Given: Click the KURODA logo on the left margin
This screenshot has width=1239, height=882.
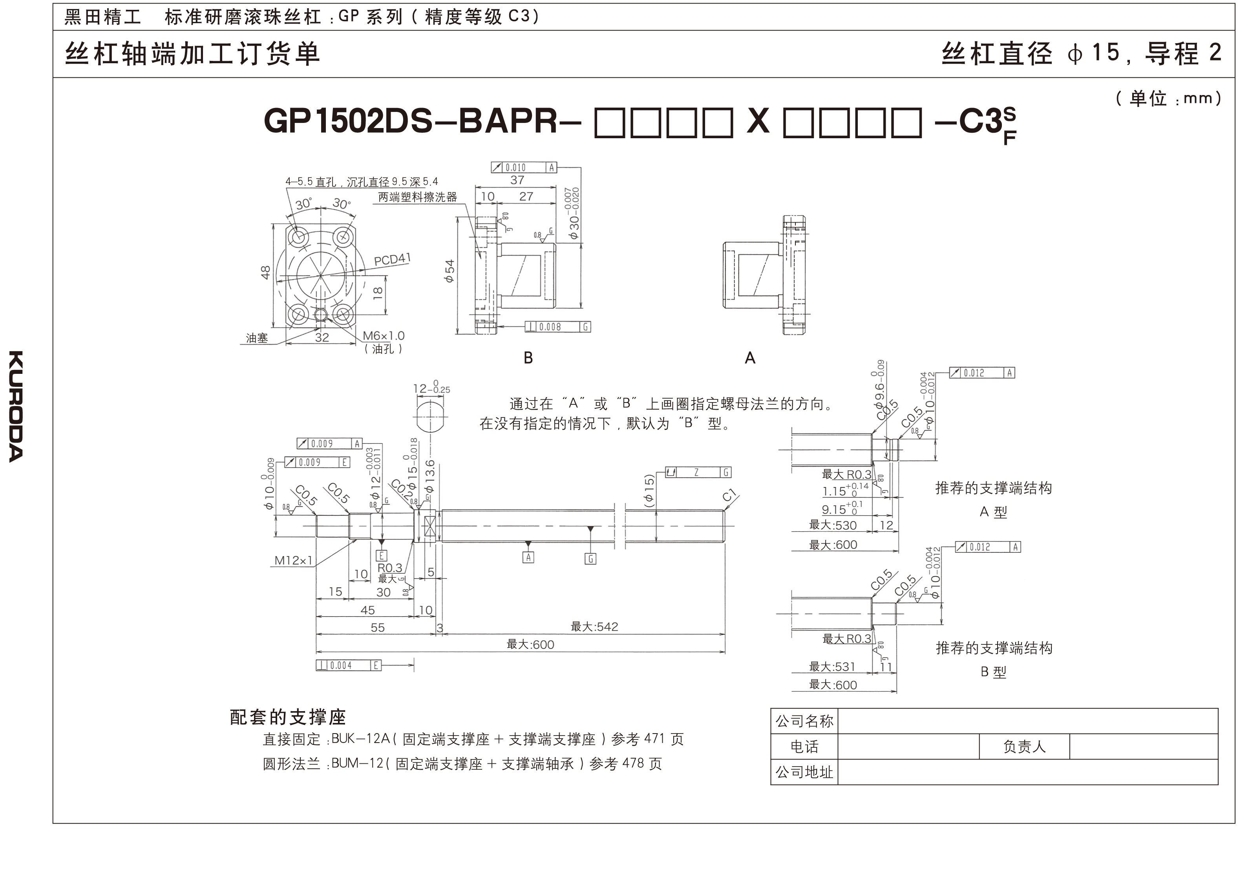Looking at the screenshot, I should pos(16,406).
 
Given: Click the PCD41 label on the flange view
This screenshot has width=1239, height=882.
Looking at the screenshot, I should pos(392,260).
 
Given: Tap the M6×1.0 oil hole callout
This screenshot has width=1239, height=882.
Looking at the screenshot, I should pos(383,336).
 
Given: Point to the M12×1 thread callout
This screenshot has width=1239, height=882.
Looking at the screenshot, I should pos(294,560).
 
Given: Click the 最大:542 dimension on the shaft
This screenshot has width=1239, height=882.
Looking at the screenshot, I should pos(594,627).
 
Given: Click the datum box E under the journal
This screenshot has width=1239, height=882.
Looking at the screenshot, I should pos(382,555).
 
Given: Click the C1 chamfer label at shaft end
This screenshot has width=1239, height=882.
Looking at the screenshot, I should pos(729,495).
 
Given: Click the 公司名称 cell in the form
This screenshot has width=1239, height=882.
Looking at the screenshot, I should pos(804,721).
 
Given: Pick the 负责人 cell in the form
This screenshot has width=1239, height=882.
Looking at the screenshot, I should pos(1024,747).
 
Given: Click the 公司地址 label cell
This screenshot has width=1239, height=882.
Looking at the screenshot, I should pos(804,772).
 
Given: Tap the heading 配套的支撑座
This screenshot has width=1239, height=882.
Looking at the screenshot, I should pos(288,717).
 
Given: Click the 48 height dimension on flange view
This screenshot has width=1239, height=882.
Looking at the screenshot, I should pos(265,272).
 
